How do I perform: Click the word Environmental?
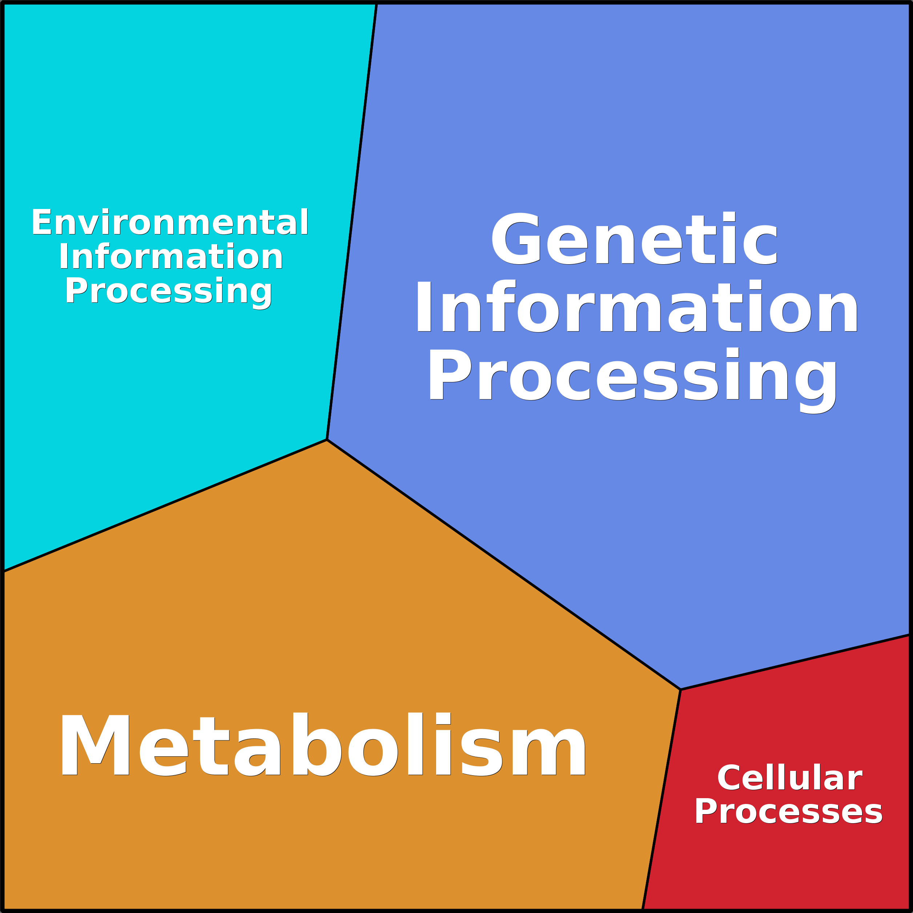click(x=170, y=222)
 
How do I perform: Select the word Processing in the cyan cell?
click(x=169, y=291)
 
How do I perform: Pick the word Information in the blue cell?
click(x=636, y=307)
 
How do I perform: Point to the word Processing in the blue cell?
click(x=632, y=376)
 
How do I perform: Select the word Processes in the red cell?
click(x=789, y=812)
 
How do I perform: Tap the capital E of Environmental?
click(x=41, y=222)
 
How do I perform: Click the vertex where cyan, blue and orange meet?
click(x=327, y=440)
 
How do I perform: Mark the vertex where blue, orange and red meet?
click(x=680, y=689)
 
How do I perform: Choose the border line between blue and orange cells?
click(x=504, y=565)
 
